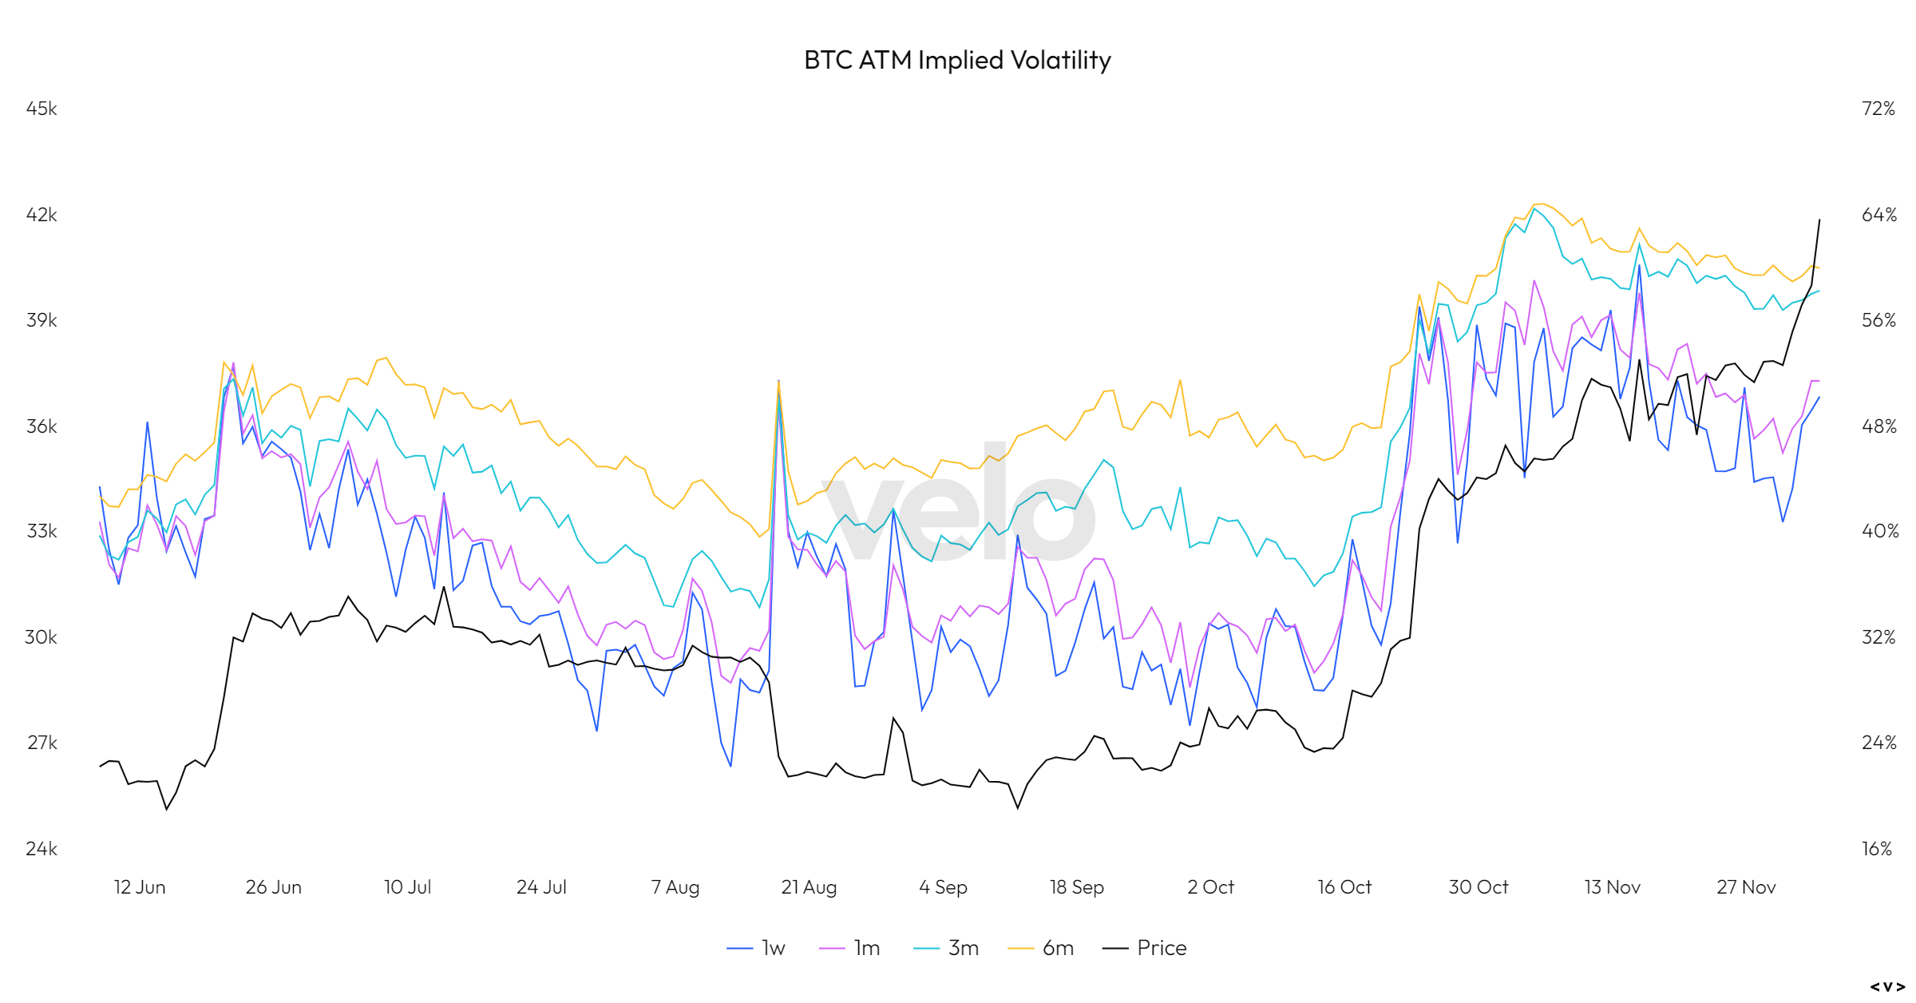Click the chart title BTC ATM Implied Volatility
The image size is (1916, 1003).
957,60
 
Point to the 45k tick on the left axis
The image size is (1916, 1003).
42,109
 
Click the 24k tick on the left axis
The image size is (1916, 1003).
42,849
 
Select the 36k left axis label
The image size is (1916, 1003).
42,426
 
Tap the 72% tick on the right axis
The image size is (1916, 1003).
1878,109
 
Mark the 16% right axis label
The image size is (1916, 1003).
1877,849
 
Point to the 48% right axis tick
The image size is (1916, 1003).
1878,426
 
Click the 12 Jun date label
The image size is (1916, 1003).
140,887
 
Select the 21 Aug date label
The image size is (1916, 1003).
809,887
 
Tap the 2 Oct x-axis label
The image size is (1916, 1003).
1210,887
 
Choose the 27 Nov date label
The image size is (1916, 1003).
1746,887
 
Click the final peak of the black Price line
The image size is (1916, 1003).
1819,220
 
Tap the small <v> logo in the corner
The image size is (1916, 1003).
1887,987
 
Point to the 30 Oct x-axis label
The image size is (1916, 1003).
1479,887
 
